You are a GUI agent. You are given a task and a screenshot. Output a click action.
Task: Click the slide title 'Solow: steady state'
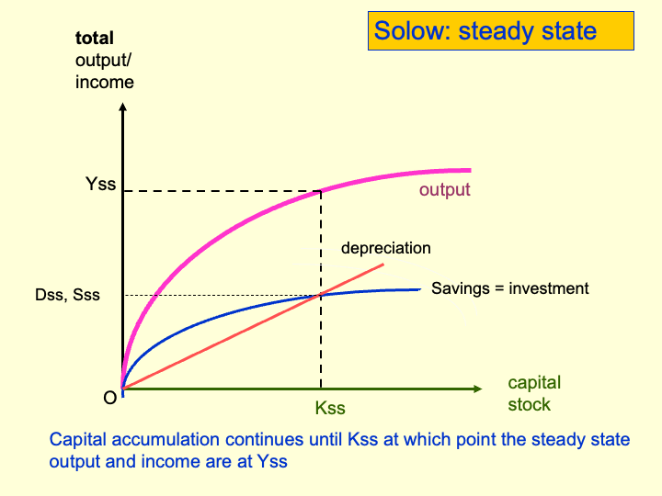[x=485, y=31]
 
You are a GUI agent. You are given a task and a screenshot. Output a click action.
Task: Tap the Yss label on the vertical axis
[x=100, y=184]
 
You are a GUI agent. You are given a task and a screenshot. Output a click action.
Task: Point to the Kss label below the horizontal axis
[x=329, y=408]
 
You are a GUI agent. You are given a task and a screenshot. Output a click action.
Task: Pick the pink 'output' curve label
[x=444, y=190]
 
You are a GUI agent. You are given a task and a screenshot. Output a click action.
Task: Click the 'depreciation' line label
[x=385, y=248]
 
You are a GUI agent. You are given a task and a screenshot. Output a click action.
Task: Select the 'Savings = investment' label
[x=509, y=288]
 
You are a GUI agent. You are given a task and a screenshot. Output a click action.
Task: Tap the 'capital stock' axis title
[x=533, y=393]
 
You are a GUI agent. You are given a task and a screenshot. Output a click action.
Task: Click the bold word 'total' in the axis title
[x=95, y=39]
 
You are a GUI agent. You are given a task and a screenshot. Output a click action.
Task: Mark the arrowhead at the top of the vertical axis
[x=122, y=107]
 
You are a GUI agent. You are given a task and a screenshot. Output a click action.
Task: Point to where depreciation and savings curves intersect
[x=320, y=295]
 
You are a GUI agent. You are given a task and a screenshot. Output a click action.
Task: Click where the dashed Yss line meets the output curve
[x=320, y=190]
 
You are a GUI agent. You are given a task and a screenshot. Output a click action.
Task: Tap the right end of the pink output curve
[x=469, y=170]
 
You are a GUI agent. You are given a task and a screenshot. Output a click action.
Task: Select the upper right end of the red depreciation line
[x=382, y=265]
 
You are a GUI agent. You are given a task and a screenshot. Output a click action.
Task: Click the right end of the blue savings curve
[x=418, y=288]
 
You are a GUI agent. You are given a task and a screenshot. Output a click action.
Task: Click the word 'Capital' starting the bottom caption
[x=78, y=440]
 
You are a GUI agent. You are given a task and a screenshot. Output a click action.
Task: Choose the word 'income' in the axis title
[x=104, y=83]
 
